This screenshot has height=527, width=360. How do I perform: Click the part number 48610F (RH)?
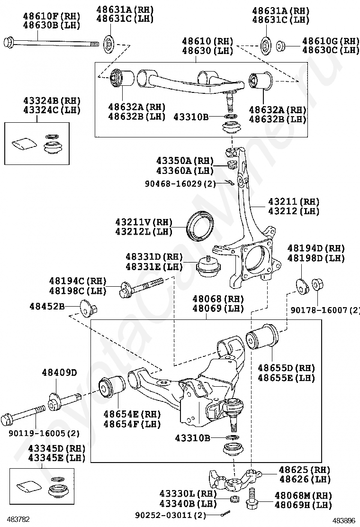(52, 16)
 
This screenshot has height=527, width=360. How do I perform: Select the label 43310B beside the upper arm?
(191, 117)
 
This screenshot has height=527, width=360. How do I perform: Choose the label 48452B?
(47, 306)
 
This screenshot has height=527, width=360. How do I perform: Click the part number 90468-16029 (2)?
(180, 184)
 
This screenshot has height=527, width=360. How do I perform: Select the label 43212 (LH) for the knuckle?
(294, 211)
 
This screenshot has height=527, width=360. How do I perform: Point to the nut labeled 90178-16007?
(316, 285)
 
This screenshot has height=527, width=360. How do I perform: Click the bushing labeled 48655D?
(262, 337)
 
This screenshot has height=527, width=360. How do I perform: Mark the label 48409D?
(59, 373)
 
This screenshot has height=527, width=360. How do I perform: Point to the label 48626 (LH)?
(305, 479)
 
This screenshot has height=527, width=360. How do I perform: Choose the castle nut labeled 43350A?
(233, 165)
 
